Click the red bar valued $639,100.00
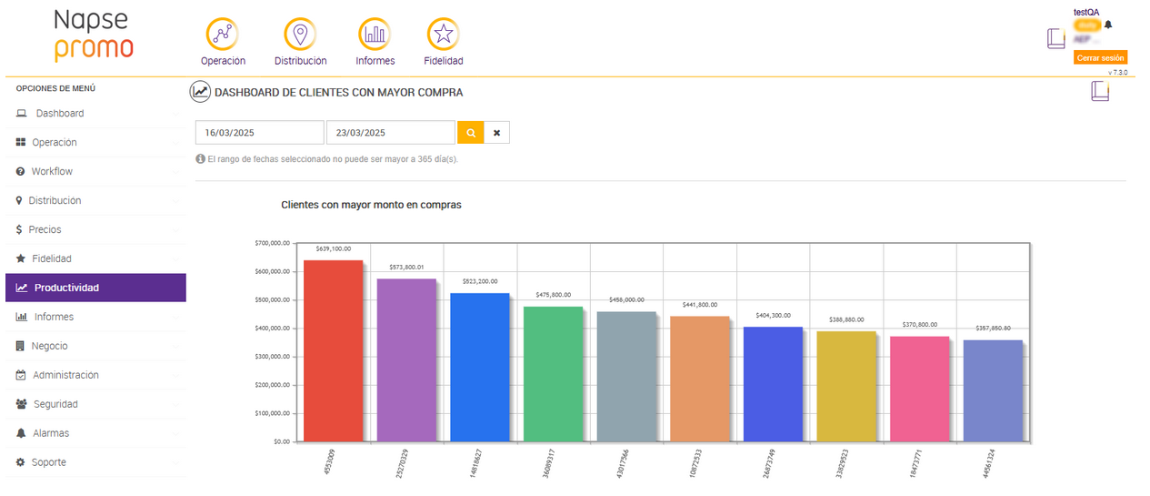point(333,350)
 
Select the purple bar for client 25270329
point(406,359)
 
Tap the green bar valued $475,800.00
point(553,373)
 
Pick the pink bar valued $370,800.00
point(919,389)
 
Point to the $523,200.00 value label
point(479,281)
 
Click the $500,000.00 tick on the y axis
point(273,299)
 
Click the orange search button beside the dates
point(470,133)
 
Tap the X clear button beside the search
point(496,133)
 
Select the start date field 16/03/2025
point(259,133)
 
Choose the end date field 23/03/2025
point(390,133)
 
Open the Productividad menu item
point(67,288)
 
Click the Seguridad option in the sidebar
point(55,404)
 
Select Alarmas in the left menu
point(51,433)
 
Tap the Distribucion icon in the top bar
point(300,35)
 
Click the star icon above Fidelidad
point(443,35)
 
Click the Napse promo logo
point(93,35)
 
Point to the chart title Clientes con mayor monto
point(371,205)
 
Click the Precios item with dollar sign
point(45,229)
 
